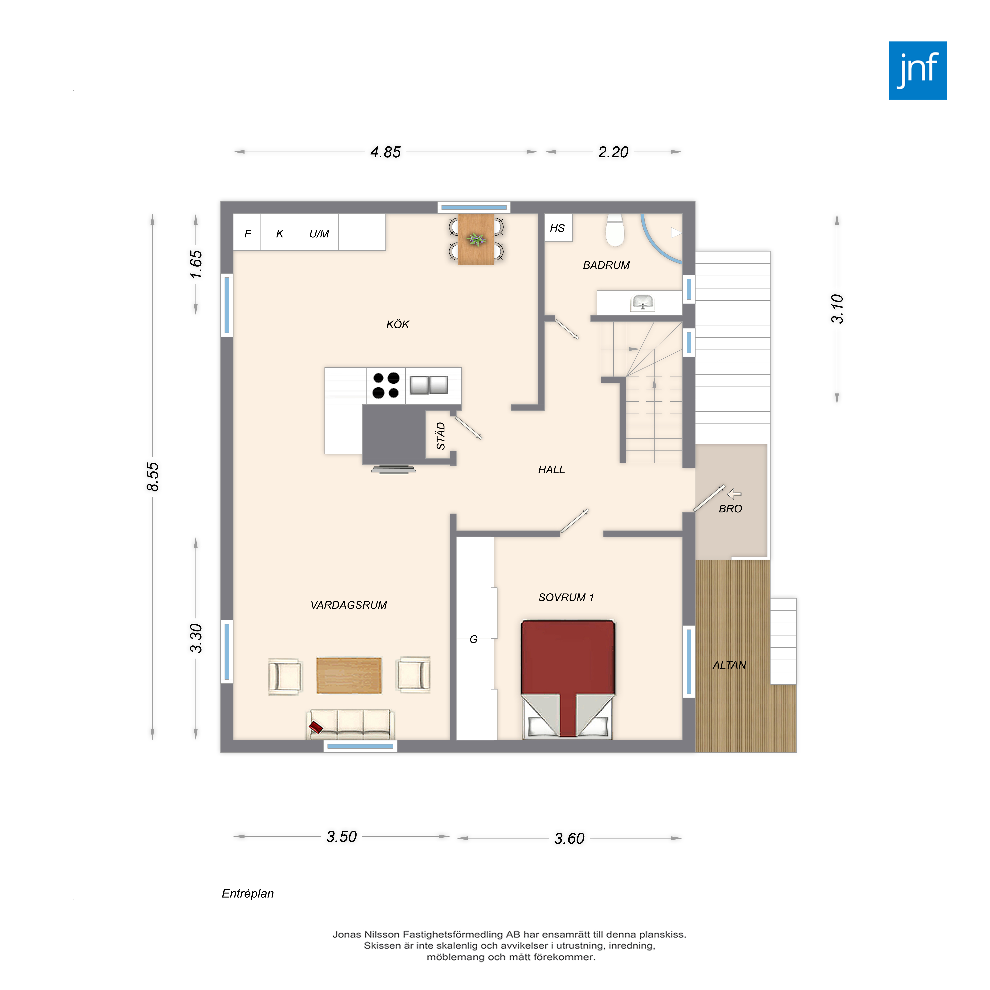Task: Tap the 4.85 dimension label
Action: point(385,152)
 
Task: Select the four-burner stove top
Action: point(386,385)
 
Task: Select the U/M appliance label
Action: point(319,234)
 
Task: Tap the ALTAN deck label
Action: point(729,665)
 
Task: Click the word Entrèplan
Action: point(248,894)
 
